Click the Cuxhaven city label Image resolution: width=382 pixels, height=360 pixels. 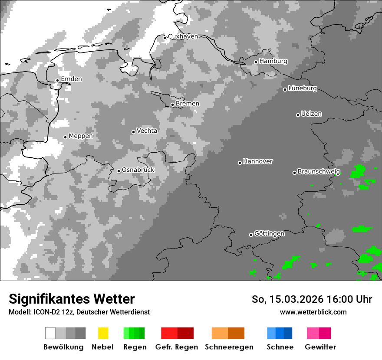183,36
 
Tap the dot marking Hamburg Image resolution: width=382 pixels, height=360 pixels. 256,62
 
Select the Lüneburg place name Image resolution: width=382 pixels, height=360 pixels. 303,88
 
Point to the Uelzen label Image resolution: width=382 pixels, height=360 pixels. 311,114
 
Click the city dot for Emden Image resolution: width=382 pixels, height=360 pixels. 57,80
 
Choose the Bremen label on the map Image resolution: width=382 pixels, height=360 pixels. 188,104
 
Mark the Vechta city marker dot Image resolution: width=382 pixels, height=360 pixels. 133,132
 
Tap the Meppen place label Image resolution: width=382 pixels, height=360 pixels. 81,136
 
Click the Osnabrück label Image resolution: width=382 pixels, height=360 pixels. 138,170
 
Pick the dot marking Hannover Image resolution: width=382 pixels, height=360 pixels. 240,163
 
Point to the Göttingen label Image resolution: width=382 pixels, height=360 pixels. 269,234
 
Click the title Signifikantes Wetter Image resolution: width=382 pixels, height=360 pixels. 72,299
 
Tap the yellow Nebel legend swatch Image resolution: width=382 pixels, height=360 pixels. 103,333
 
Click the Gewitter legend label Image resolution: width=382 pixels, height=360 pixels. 320,347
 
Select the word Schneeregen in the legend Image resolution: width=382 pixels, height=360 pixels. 229,347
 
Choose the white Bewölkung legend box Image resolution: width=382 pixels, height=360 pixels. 50,333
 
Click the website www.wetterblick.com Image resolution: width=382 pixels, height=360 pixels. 313,312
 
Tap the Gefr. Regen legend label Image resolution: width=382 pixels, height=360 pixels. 176,347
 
